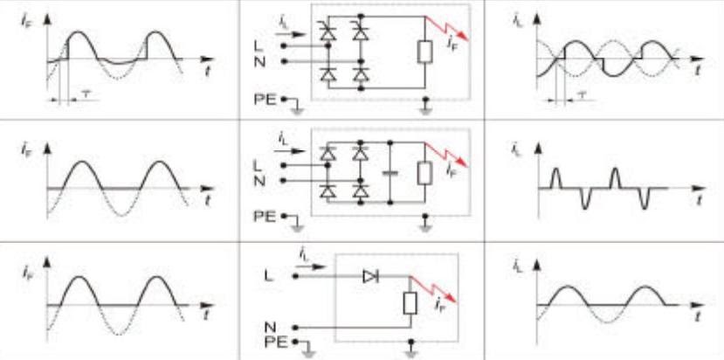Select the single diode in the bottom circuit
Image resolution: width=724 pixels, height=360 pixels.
[370, 275]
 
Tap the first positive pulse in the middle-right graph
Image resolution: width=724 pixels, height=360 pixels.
[553, 178]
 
